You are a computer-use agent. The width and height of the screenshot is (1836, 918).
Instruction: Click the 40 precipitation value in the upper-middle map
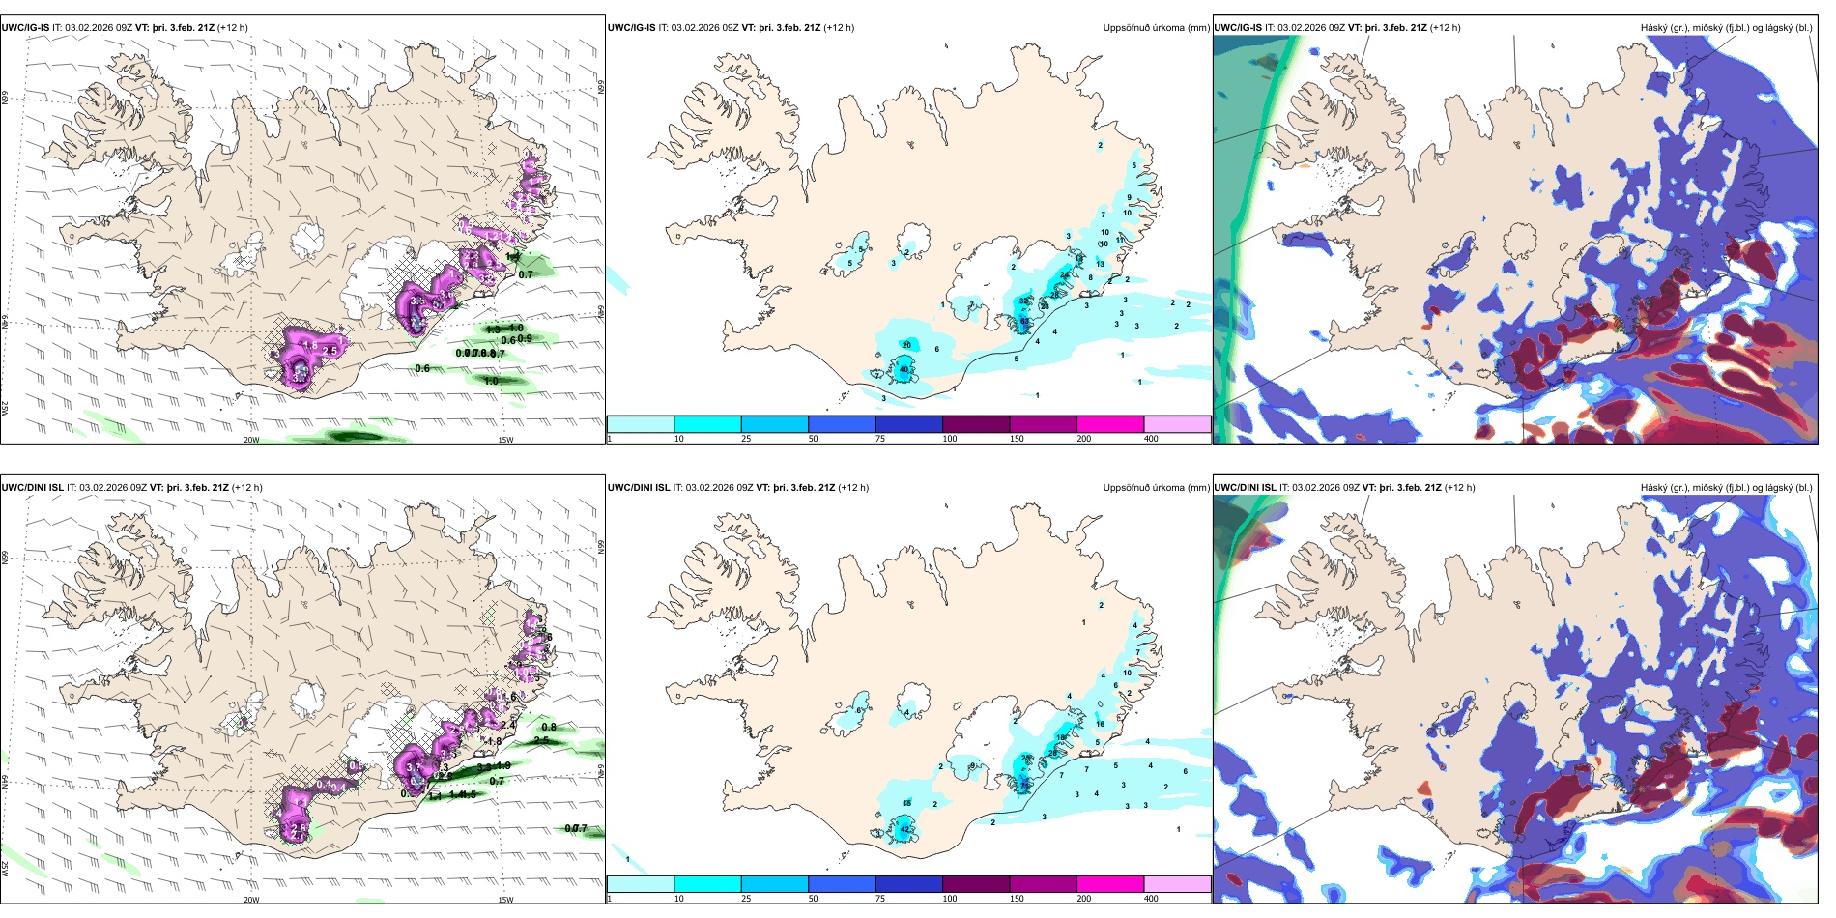(904, 369)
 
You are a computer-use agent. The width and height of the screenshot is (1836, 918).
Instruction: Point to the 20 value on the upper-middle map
(906, 345)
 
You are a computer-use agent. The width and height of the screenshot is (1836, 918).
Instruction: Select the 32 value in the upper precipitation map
(1024, 302)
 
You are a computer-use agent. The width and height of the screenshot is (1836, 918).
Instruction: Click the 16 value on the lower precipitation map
(1100, 724)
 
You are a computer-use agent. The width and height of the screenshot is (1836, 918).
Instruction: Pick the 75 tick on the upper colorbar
(880, 439)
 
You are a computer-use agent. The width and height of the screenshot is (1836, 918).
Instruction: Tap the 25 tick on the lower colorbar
(746, 899)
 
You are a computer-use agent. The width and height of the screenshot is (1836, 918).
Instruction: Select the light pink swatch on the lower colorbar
(1177, 883)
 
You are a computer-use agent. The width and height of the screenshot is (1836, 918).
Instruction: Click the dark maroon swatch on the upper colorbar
(976, 423)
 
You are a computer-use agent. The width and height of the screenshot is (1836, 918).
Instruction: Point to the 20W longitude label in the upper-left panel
(251, 440)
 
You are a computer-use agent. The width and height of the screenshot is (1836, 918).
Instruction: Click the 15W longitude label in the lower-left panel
(504, 900)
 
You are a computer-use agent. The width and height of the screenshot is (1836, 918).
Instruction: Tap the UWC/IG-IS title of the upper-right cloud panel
(1238, 28)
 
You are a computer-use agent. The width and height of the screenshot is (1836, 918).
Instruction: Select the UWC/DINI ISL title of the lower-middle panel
(639, 488)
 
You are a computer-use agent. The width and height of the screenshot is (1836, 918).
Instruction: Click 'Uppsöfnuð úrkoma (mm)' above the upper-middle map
(1156, 28)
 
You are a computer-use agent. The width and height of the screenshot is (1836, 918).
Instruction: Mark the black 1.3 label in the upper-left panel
(493, 330)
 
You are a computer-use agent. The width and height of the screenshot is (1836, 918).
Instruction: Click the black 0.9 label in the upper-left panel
(525, 339)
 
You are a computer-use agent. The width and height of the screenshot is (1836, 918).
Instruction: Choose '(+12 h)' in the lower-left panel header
(247, 488)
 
